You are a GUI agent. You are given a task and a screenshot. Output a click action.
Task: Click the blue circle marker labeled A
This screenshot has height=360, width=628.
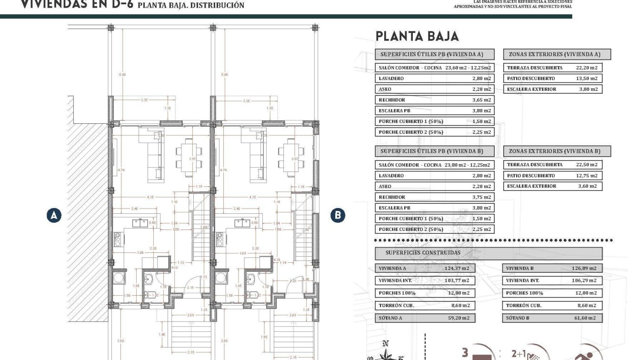coord(54,215)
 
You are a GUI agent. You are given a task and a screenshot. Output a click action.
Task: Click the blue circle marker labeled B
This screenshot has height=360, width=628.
coord(337,215)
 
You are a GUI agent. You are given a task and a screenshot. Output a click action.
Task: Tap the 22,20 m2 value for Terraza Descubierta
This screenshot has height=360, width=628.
coord(586,68)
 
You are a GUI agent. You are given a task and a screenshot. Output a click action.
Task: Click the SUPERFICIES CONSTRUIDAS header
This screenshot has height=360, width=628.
coord(423,253)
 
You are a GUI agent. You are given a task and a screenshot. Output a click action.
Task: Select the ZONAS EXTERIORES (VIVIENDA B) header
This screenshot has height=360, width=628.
coord(557,151)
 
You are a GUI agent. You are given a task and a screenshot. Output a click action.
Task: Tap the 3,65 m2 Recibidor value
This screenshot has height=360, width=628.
coord(481,100)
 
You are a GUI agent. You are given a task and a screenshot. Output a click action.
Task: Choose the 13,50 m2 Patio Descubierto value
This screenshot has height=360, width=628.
coord(586,79)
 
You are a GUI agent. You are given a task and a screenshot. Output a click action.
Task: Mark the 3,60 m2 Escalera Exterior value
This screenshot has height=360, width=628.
coord(586,186)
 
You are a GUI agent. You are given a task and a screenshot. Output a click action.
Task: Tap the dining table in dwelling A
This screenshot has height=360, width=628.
coord(189,157)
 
